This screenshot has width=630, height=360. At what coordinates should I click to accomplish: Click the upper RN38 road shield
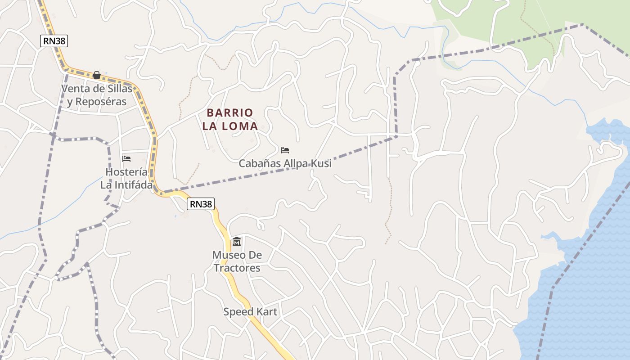coord(54,41)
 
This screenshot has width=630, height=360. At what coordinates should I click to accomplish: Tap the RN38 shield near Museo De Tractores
coord(200,204)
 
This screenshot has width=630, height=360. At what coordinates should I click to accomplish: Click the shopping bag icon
coord(96,75)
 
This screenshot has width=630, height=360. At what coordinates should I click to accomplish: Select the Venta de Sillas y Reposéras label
coord(97,95)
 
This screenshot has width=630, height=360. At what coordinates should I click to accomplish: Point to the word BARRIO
coord(230,112)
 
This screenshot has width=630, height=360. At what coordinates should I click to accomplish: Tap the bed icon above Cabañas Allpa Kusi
coord(284,150)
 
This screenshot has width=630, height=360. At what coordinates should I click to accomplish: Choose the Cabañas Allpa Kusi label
coord(285,163)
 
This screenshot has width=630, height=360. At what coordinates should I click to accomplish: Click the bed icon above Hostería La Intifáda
coord(126,159)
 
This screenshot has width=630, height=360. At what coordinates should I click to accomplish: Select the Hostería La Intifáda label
coord(126,178)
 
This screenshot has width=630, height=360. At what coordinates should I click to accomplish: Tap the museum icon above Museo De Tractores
coord(237,242)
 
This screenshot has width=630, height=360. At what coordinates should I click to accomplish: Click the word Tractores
coord(237,268)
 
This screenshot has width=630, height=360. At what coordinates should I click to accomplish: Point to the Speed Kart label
coord(250,311)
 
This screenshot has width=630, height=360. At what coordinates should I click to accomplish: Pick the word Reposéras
coord(101,102)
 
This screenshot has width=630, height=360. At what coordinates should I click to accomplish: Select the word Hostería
coord(126,172)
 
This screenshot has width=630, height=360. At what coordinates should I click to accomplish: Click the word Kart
coord(267,311)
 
